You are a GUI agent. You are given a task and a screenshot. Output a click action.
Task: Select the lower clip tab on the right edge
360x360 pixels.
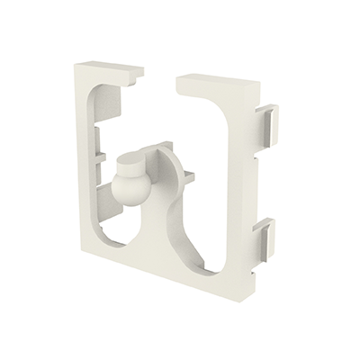tap(263, 237)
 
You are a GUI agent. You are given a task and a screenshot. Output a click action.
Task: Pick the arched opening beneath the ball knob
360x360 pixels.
tap(135, 229)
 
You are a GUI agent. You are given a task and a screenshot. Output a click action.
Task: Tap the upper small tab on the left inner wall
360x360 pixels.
tap(97, 132)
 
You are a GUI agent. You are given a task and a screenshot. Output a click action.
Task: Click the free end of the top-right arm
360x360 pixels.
tap(181, 83)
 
